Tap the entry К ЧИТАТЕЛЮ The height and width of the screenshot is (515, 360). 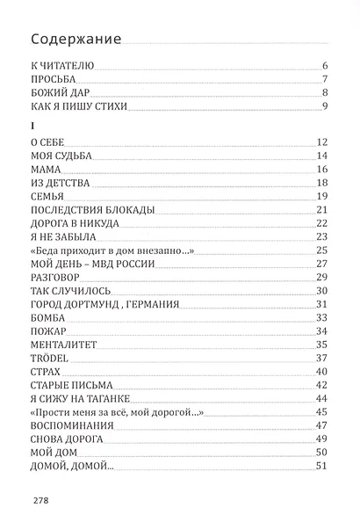[x=61, y=66]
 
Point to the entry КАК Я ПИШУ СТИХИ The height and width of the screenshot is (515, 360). [x=78, y=107]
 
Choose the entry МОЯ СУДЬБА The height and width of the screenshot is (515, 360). [x=62, y=156]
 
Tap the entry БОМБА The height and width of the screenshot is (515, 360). [x=49, y=317]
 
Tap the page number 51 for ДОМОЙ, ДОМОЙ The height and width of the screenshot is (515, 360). [x=321, y=466]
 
